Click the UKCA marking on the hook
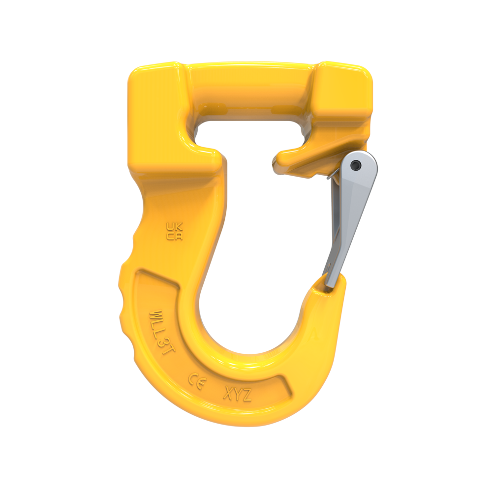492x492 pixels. point(174,232)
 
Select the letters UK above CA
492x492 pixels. point(174,227)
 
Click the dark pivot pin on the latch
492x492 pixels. point(358,166)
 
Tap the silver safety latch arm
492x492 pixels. point(347,221)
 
